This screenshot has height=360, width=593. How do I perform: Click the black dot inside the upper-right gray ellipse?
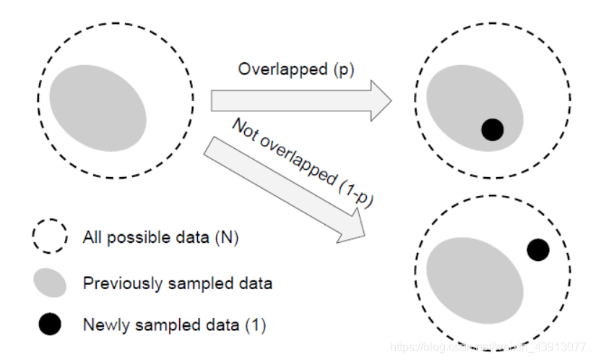click(492, 129)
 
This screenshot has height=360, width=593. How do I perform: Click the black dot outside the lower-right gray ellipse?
click(537, 250)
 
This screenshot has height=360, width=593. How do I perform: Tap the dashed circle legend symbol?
click(49, 236)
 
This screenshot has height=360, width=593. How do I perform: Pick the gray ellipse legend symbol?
click(49, 282)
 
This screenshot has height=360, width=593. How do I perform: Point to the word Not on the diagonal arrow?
click(245, 129)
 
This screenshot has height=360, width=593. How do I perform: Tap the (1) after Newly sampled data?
click(254, 325)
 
